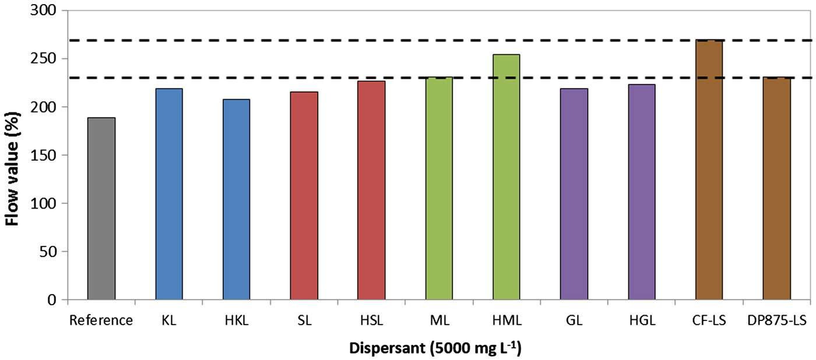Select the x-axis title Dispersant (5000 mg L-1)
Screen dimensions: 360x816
click(x=435, y=348)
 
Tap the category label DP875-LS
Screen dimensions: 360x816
click(x=777, y=320)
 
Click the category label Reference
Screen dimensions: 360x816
click(x=101, y=320)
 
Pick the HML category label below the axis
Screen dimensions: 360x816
click(x=507, y=320)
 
